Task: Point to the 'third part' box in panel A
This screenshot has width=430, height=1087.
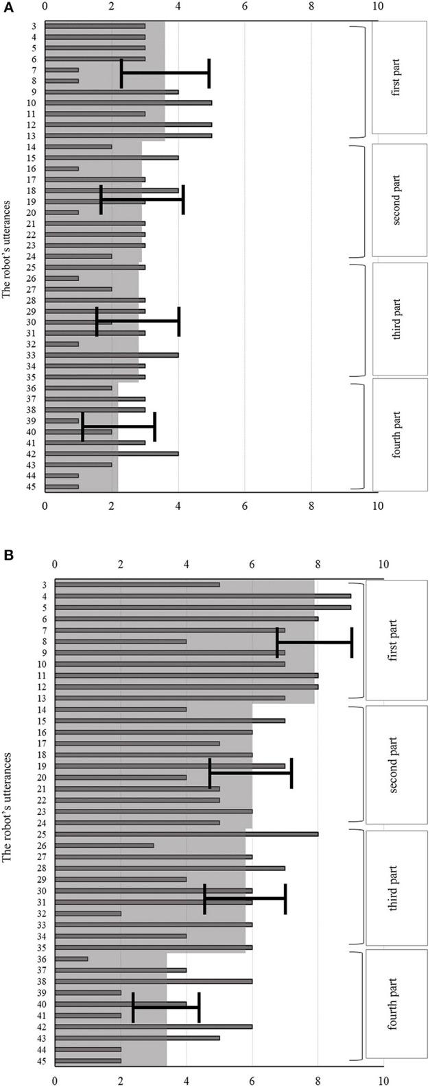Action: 398,319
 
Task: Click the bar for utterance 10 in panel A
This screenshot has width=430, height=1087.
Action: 128,103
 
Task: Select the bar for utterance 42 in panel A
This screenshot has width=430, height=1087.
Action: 112,454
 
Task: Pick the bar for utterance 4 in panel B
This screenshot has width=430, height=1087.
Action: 202,596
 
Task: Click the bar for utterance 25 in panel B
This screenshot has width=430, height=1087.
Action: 186,834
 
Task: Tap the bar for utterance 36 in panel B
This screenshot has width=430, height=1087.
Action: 71,958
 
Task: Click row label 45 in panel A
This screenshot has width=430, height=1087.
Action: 33,487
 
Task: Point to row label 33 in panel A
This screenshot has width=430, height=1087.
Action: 33,355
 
